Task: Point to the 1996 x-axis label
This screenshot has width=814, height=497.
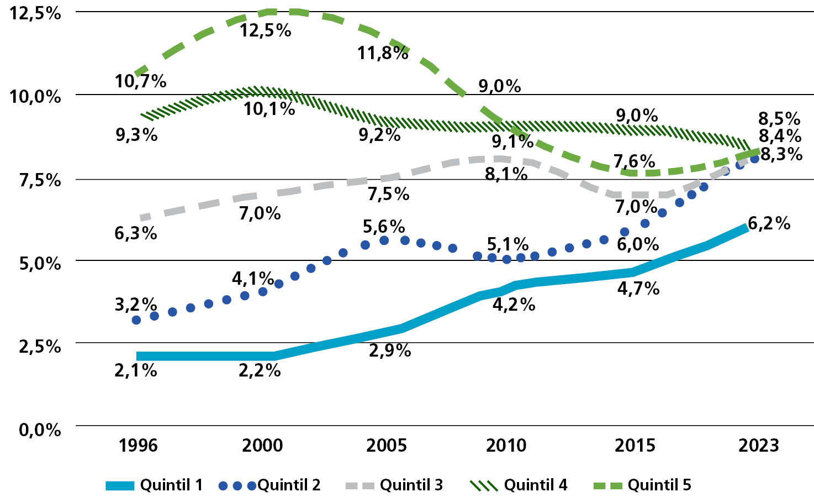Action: [x=138, y=445]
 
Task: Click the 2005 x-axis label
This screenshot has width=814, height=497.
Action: [x=387, y=445]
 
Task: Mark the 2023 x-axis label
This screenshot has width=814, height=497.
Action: [x=759, y=445]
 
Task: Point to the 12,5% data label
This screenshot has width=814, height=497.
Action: [x=265, y=30]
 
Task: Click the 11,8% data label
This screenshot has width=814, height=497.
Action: [x=383, y=53]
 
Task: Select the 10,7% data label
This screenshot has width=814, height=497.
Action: [x=140, y=81]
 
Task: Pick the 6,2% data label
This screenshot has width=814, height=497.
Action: [x=769, y=223]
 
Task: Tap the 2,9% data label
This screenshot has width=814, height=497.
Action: [x=390, y=350]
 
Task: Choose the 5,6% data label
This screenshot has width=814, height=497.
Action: [x=384, y=227]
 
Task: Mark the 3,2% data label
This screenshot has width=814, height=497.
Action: [x=136, y=304]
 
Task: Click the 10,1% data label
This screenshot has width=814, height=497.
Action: [x=269, y=108]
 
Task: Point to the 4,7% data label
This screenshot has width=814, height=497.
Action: [x=638, y=289]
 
